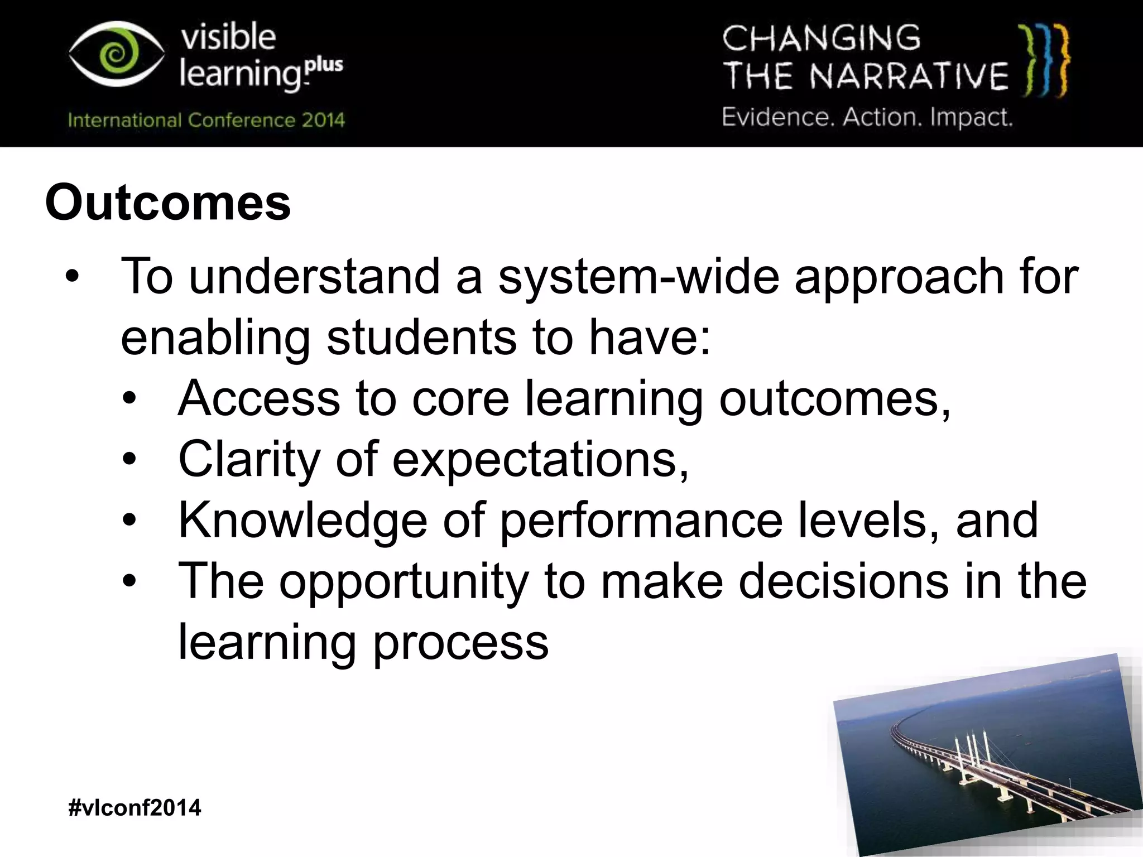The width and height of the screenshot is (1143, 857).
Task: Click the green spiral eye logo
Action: tap(116, 55)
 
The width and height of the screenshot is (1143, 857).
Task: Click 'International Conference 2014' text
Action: tap(206, 120)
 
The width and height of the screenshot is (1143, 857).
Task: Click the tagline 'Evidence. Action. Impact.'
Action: tap(867, 117)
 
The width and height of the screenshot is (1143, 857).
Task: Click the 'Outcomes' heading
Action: tap(168, 203)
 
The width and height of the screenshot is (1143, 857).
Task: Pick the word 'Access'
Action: tap(259, 398)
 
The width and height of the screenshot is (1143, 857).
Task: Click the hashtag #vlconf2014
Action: tap(135, 807)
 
